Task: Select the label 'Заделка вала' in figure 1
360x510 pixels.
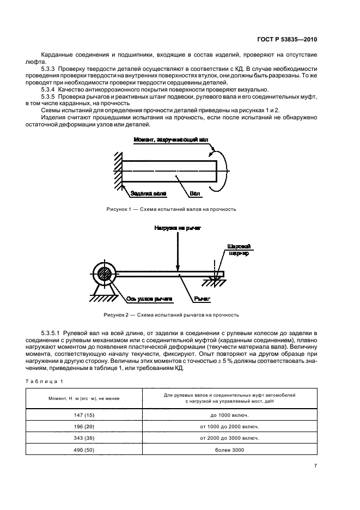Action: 148,193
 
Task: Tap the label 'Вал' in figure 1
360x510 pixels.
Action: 195,193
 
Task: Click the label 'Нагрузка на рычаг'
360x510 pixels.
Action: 178,228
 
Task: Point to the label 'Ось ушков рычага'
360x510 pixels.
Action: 149,299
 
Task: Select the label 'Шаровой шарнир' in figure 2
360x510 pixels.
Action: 239,250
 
